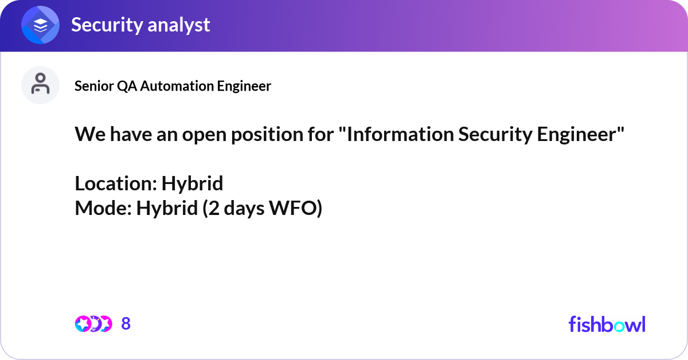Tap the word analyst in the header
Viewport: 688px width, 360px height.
(179, 25)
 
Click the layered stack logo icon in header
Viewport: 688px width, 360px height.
(41, 25)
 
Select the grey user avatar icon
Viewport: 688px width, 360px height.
(40, 85)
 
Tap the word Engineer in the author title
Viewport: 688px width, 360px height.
(244, 86)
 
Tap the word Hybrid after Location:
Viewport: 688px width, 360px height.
(192, 184)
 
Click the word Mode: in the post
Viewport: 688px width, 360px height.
(103, 209)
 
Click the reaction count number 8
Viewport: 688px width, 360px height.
(126, 324)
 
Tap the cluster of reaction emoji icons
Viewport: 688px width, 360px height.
(93, 324)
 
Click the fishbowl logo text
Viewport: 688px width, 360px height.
(607, 324)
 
